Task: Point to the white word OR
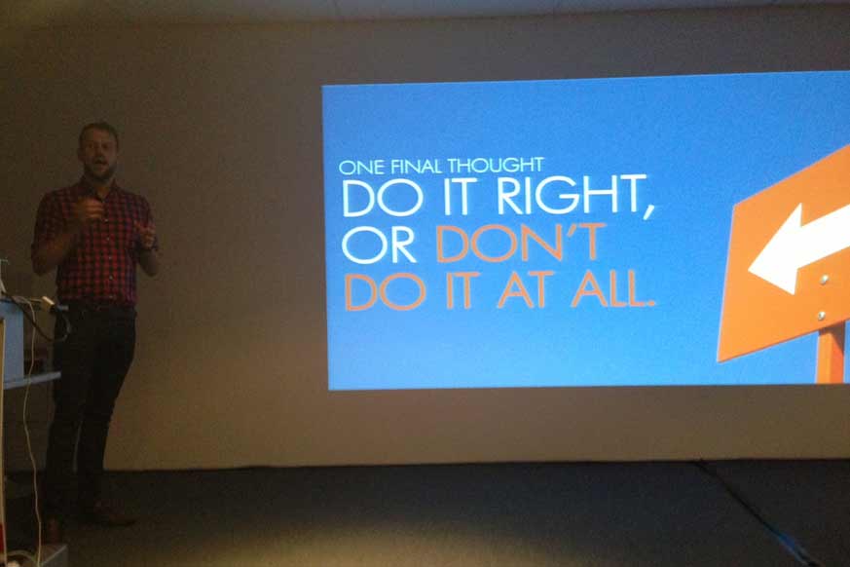coord(379,245)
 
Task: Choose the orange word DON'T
coord(519,243)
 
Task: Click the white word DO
coord(382,198)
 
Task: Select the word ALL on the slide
coord(610,288)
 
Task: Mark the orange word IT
coord(462,290)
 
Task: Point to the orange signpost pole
coord(832,352)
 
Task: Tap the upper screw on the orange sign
coord(824,280)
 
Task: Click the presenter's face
coord(98,152)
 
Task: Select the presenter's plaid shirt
coord(94,242)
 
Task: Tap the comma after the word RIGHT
coord(648,210)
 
